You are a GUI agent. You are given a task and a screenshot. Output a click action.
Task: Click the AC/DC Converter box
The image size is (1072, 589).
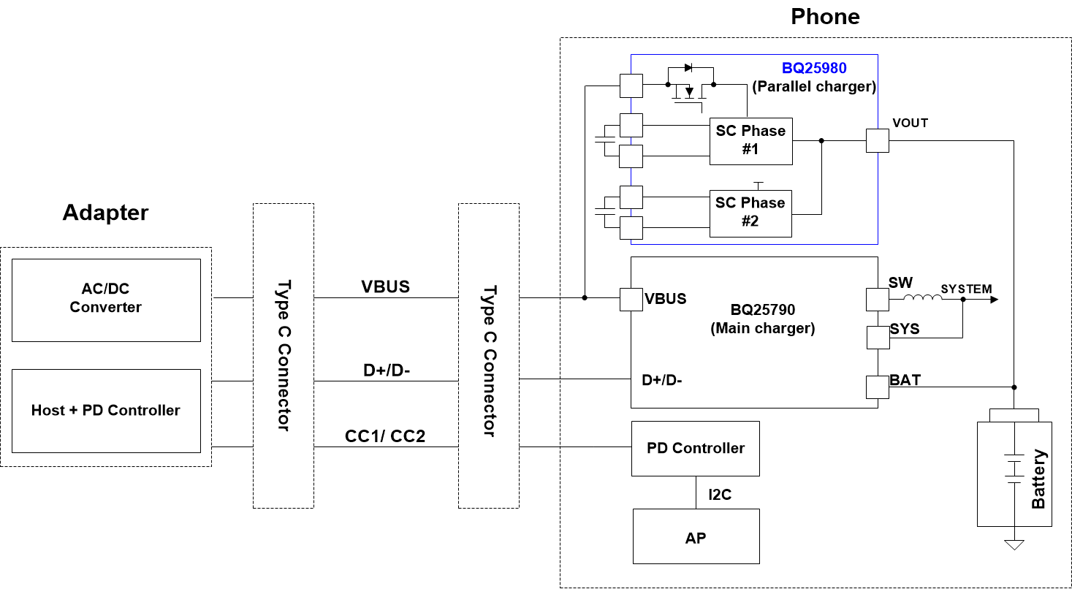pyautogui.click(x=106, y=300)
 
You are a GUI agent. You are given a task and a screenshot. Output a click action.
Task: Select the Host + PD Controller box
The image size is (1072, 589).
pyautogui.click(x=106, y=411)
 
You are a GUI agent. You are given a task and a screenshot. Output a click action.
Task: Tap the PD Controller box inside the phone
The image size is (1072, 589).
pyautogui.click(x=696, y=448)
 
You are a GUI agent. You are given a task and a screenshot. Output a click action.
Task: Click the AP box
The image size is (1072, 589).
pyautogui.click(x=696, y=537)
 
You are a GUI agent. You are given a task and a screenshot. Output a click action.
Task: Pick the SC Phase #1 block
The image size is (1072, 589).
pyautogui.click(x=750, y=140)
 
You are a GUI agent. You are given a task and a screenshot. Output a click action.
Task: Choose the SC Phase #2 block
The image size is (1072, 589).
pyautogui.click(x=750, y=213)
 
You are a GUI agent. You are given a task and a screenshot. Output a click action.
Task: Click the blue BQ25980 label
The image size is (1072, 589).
pyautogui.click(x=814, y=69)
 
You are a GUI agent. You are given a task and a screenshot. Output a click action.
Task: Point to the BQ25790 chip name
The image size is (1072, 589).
pyautogui.click(x=762, y=309)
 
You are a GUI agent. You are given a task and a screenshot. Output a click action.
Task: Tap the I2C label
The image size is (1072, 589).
pyautogui.click(x=720, y=495)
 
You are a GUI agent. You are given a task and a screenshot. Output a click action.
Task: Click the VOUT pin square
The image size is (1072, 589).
pyautogui.click(x=878, y=140)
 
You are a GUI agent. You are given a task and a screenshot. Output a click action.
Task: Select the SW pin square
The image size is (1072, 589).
pyautogui.click(x=878, y=299)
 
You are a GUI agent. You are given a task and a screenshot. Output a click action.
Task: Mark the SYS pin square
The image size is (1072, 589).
pyautogui.click(x=878, y=338)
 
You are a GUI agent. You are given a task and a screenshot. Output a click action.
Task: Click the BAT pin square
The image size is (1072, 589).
pyautogui.click(x=878, y=387)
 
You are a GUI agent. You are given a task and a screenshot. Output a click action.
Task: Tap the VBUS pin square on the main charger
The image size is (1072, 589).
pyautogui.click(x=631, y=299)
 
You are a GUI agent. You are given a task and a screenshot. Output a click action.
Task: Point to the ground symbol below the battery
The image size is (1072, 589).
pyautogui.click(x=1014, y=544)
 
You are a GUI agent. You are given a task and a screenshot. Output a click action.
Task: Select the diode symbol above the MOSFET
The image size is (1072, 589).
pyautogui.click(x=688, y=68)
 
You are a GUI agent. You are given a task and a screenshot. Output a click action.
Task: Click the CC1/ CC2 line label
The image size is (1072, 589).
pyautogui.click(x=385, y=436)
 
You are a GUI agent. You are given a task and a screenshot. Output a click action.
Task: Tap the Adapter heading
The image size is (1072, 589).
pyautogui.click(x=105, y=213)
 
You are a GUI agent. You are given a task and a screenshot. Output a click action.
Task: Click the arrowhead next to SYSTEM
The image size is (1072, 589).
pyautogui.click(x=993, y=299)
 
